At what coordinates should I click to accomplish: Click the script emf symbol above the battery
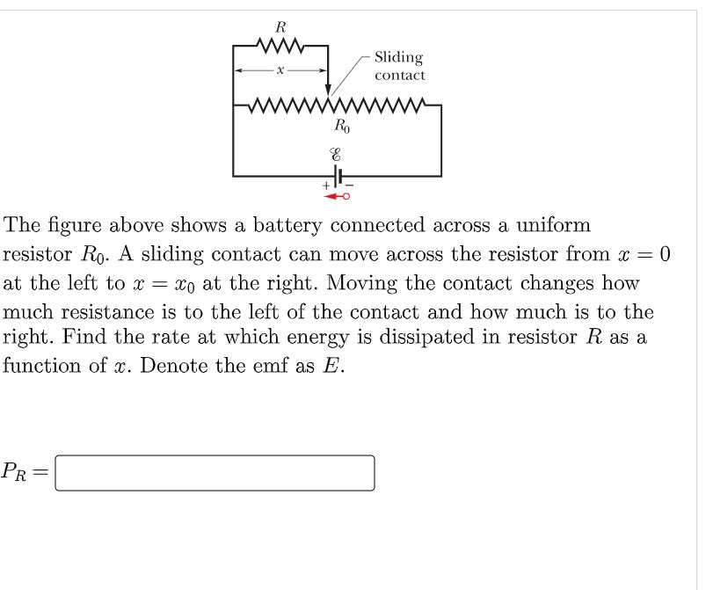(337, 152)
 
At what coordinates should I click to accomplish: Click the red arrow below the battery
(338, 196)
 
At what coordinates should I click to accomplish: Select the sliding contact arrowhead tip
(328, 91)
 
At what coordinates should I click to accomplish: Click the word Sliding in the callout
(398, 58)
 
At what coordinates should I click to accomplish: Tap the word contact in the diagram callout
(400, 76)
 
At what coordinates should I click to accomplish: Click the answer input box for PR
(215, 473)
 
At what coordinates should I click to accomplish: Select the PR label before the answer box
(19, 473)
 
